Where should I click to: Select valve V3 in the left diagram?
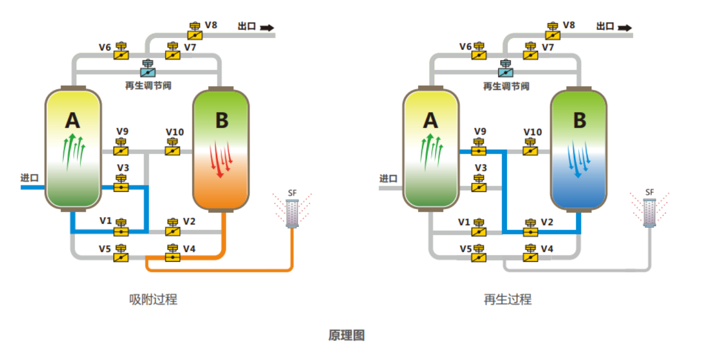(121, 184)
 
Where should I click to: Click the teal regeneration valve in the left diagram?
(148, 69)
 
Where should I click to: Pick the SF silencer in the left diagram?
(292, 213)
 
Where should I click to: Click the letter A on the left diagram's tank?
(73, 121)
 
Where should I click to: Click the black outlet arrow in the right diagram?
(625, 27)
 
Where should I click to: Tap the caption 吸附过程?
(153, 300)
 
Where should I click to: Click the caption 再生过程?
(507, 300)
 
